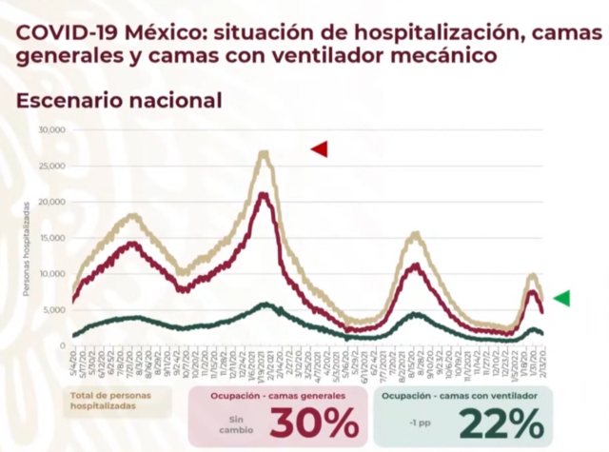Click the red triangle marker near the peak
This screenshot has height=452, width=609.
pyautogui.click(x=319, y=148)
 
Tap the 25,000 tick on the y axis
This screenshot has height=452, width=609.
pyautogui.click(x=50, y=166)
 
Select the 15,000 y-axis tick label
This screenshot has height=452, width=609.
pyautogui.click(x=50, y=238)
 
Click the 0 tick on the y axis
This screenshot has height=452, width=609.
pyautogui.click(x=61, y=346)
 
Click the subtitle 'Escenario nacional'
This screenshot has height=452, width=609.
pyautogui.click(x=118, y=99)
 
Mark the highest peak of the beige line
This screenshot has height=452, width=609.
pyautogui.click(x=263, y=152)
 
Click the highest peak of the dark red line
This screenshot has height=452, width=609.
pyautogui.click(x=263, y=194)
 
